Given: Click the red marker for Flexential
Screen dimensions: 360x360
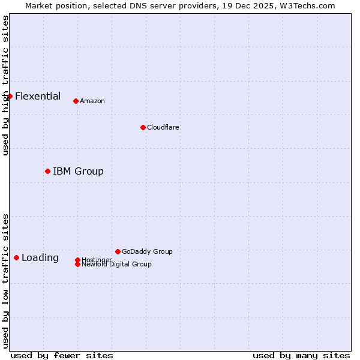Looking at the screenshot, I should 10,96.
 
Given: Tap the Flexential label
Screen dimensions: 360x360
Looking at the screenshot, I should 38,96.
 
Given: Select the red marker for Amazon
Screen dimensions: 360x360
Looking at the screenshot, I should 76,101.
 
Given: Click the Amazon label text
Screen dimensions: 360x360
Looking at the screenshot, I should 92,101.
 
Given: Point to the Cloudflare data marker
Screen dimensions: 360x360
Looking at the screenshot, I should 143,127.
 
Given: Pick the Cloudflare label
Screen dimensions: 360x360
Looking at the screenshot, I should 163,127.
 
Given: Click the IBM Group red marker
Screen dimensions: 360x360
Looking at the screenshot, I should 47,171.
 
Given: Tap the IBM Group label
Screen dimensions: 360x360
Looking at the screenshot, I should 78,171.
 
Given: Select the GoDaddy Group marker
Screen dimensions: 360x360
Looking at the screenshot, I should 118,251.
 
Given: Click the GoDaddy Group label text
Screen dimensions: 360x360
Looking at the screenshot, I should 147,251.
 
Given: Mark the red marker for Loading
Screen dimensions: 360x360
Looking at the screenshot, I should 16,257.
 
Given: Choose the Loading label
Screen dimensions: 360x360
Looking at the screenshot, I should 40,257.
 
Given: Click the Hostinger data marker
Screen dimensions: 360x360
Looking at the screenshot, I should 77,260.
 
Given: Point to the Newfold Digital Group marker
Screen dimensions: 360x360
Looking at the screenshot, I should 77,264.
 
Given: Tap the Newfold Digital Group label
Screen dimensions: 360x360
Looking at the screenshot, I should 117,265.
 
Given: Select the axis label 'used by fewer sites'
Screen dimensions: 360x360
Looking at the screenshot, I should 62,355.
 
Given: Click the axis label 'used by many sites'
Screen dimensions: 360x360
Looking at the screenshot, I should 301,355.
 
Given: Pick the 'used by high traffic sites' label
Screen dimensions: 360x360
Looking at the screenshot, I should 6,85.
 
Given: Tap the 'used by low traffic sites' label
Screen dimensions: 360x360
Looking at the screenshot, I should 6,281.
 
